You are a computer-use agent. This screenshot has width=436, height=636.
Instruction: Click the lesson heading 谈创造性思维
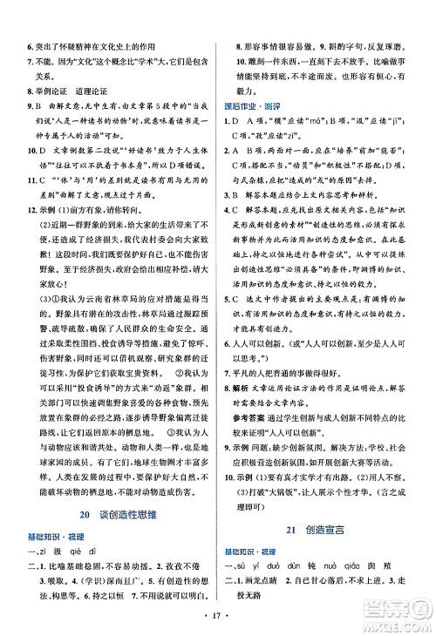tap(119, 515)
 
